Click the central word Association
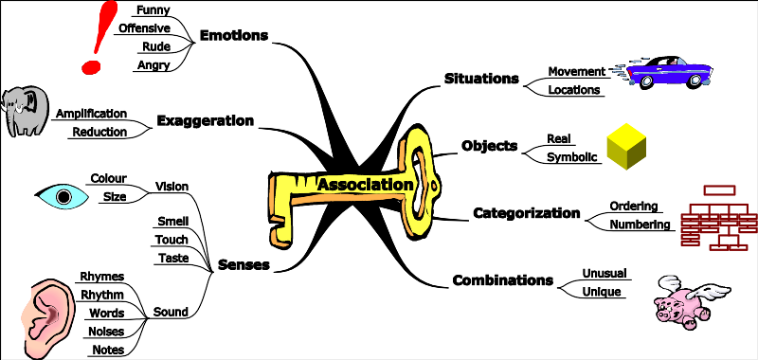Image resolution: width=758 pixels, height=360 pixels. coord(365,184)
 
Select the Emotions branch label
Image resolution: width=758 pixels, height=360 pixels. coord(234,35)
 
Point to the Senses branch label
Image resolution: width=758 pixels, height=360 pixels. coord(244,264)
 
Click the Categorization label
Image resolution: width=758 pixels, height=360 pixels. coord(526,213)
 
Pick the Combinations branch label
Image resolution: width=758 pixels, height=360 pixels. coord(502,279)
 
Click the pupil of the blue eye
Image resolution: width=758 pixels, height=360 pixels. coord(64,197)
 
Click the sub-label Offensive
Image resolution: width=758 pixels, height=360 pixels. coord(144,27)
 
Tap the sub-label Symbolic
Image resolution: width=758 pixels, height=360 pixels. coord(573,156)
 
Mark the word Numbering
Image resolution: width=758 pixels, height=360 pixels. coord(641,225)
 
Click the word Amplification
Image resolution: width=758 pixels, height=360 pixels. coord(91,113)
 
